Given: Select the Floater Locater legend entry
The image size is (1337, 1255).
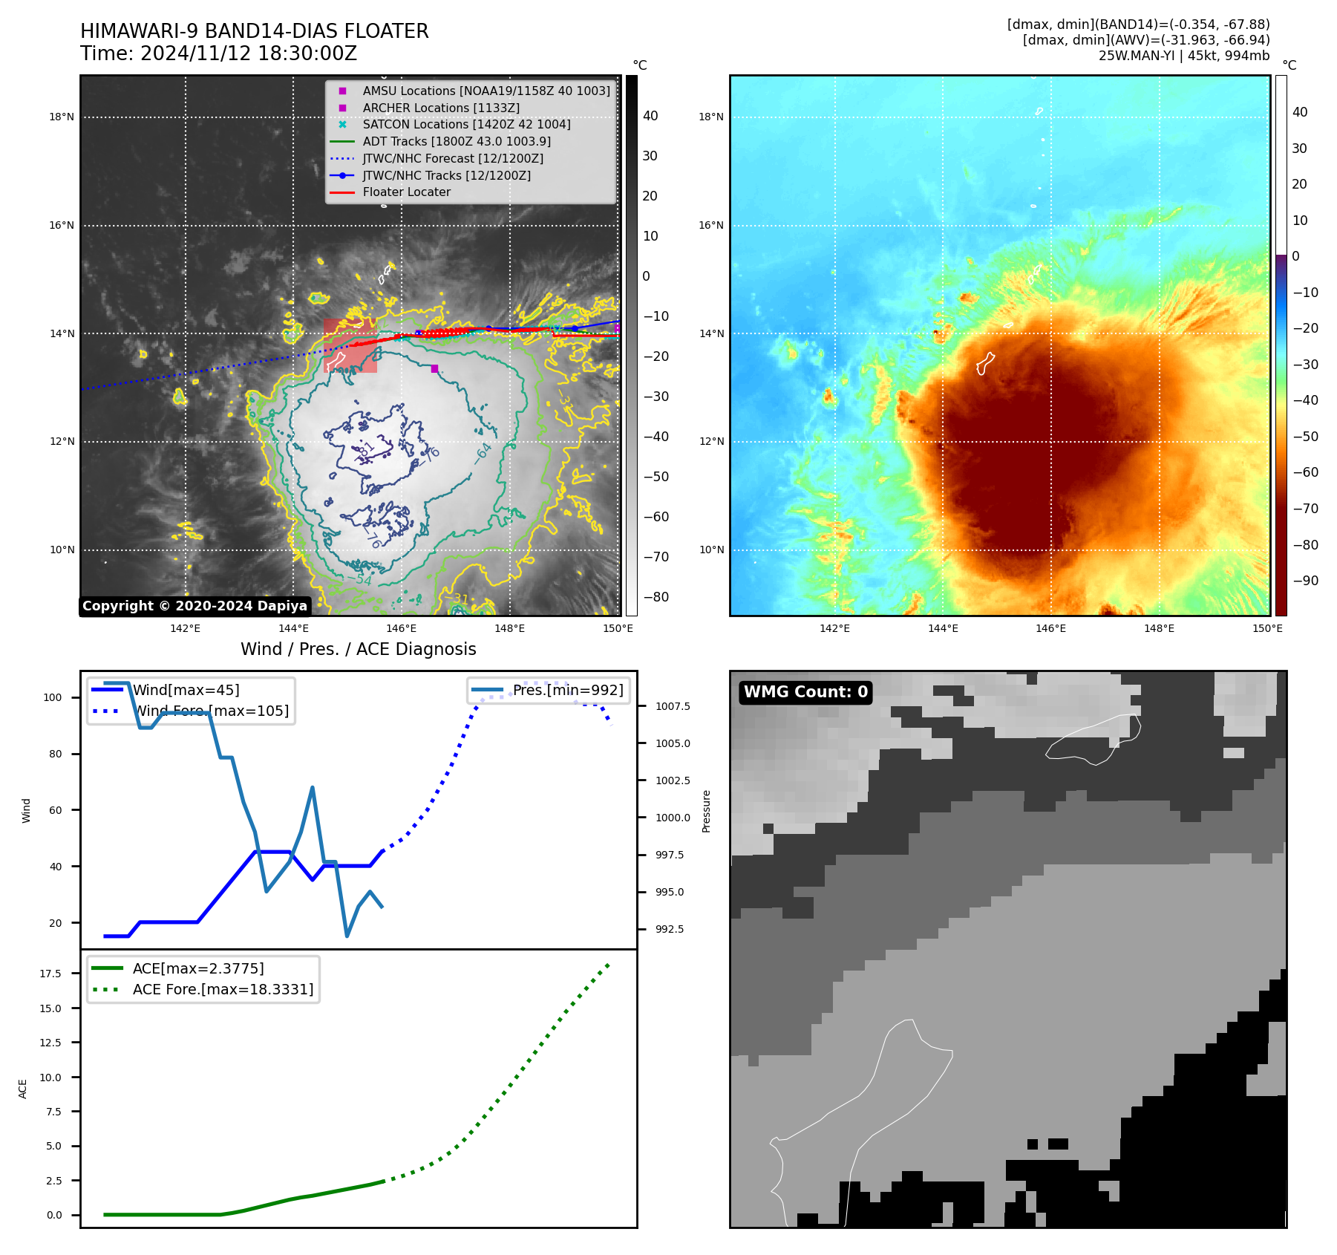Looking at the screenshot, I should tap(406, 192).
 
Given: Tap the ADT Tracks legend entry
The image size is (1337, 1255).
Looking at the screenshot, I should tap(456, 141).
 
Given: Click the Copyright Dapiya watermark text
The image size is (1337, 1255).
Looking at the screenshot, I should tap(194, 606).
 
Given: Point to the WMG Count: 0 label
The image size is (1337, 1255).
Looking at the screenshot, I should tap(805, 692).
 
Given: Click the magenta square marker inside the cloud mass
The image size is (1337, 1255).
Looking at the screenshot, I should tap(434, 368).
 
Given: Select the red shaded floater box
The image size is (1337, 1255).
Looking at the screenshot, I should tap(350, 346).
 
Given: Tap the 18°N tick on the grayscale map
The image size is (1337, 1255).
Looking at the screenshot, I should tap(62, 117).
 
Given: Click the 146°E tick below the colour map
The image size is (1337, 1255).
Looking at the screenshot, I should tap(1050, 628).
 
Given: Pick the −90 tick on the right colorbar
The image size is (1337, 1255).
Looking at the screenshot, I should tap(1305, 581).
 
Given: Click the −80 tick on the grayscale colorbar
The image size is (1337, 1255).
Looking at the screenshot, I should tap(656, 597).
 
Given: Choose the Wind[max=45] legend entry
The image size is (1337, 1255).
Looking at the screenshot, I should tap(186, 690).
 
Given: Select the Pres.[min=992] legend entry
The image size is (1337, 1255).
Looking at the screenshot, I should tap(568, 690).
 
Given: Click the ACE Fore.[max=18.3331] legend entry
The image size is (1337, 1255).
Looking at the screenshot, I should tap(223, 989).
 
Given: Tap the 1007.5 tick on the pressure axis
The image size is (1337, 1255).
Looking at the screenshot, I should tap(673, 706).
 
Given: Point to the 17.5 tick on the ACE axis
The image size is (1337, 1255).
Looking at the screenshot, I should tap(50, 974).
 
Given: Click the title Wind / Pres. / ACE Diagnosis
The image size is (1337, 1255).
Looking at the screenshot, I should tap(358, 649).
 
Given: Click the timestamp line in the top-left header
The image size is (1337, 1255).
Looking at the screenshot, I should tap(218, 53).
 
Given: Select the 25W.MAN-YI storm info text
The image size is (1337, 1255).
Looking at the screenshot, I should tap(1183, 56).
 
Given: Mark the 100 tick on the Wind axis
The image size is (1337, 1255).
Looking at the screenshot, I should tap(53, 697).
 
